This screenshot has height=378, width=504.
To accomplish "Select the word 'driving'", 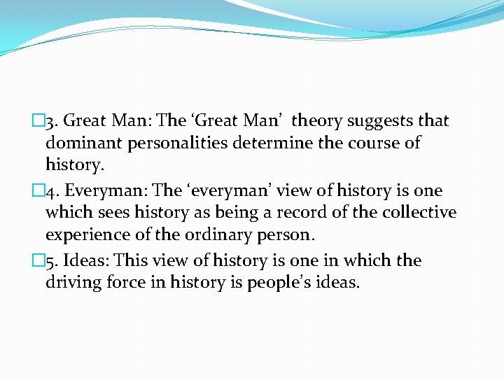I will click(71, 283).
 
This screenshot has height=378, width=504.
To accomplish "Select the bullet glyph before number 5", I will click(38, 260).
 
